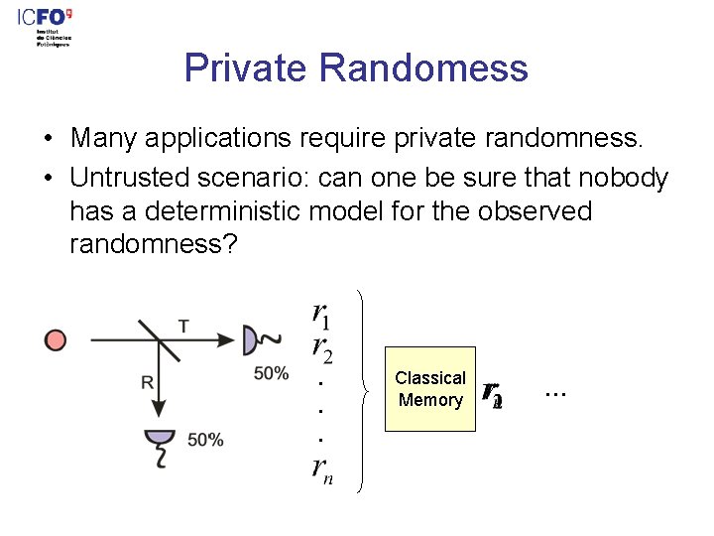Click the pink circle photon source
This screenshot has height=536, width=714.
click(57, 340)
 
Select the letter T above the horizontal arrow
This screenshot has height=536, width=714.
click(183, 325)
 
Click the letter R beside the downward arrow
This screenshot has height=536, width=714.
click(147, 382)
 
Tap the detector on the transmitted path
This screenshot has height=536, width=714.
click(251, 340)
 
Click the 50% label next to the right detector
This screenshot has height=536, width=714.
click(271, 373)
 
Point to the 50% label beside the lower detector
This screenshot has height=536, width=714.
click(205, 440)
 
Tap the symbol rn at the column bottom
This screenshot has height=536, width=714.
click(320, 471)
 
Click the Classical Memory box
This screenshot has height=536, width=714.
click(430, 389)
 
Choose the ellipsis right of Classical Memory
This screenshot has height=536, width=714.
click(555, 392)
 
